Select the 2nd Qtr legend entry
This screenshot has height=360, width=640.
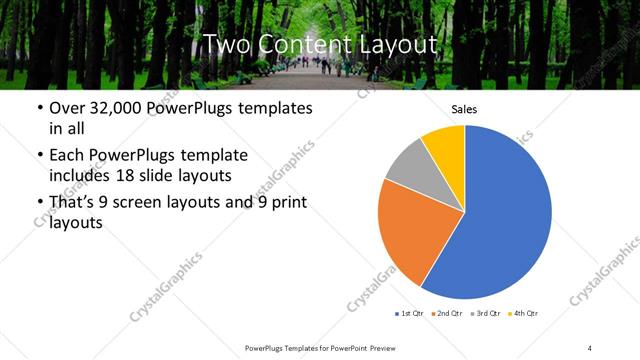pos(446,314)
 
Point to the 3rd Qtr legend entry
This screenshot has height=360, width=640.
pos(485,314)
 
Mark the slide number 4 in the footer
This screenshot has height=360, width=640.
pos(590,347)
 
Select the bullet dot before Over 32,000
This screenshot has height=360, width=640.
pos(38,108)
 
